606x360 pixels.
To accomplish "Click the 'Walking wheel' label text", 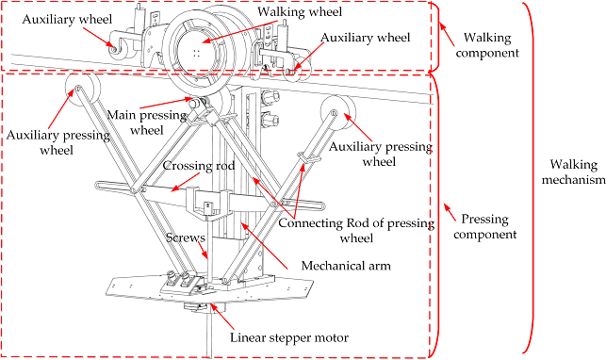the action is pyautogui.click(x=300, y=11).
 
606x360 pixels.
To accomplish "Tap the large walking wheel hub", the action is pyautogui.click(x=197, y=50).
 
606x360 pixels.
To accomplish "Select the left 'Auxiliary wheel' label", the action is pyautogui.click(x=67, y=19).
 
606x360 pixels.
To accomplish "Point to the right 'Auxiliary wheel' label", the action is pyautogui.click(x=366, y=38).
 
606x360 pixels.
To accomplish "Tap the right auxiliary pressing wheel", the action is pyautogui.click(x=338, y=113).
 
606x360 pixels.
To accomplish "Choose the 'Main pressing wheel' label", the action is pyautogui.click(x=147, y=123).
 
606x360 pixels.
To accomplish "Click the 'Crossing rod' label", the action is pyautogui.click(x=199, y=166).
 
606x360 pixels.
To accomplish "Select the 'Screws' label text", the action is pyautogui.click(x=185, y=237).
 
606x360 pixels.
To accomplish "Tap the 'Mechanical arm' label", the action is pyautogui.click(x=346, y=266).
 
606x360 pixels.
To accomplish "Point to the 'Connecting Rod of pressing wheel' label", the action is pyautogui.click(x=356, y=230).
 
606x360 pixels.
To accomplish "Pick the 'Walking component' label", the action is pyautogui.click(x=487, y=45).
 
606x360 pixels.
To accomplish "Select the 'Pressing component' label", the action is pyautogui.click(x=485, y=227).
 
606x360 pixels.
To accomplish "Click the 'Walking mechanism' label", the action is pyautogui.click(x=573, y=172).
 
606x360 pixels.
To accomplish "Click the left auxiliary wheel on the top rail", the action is pyautogui.click(x=118, y=49).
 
